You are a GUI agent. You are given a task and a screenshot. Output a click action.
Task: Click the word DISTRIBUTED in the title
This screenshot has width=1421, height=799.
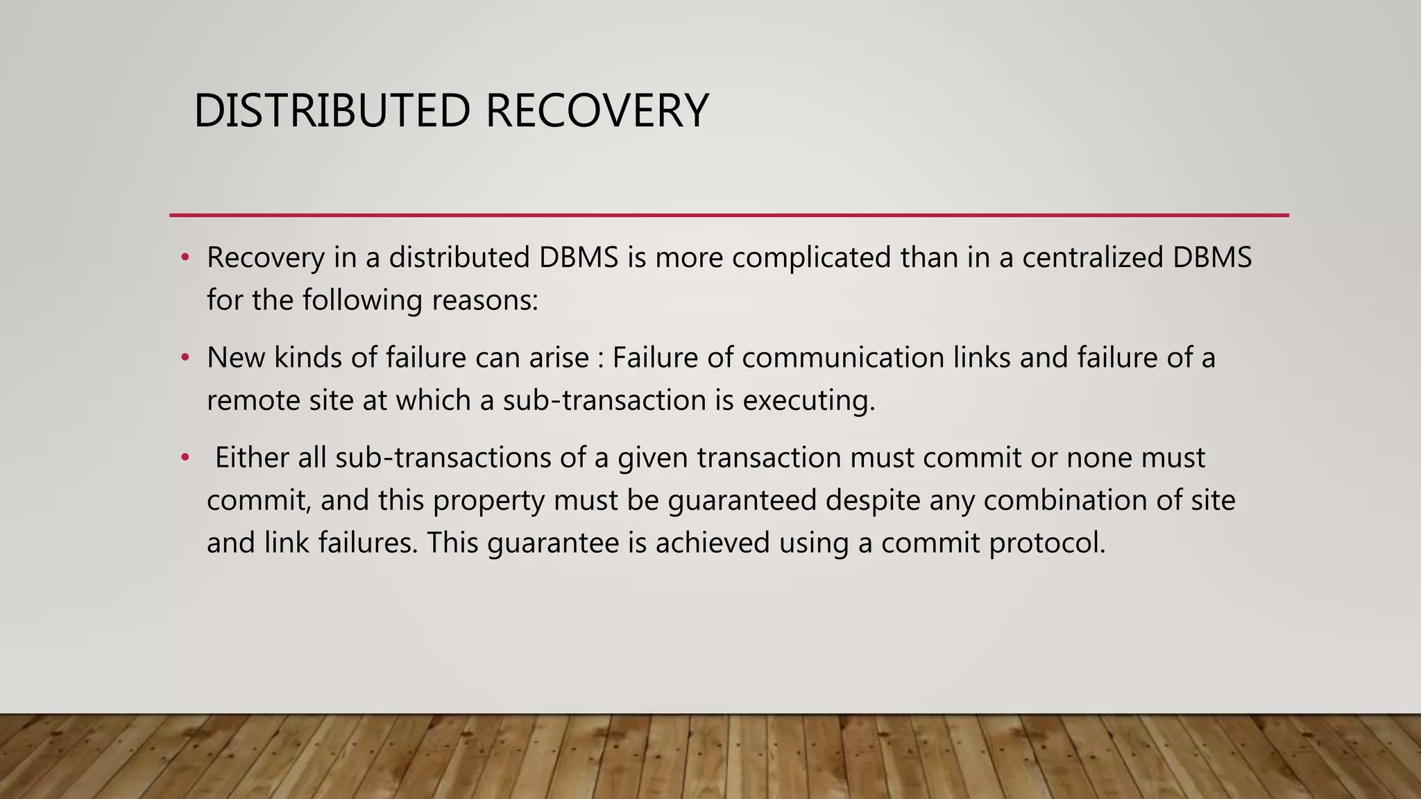click(332, 111)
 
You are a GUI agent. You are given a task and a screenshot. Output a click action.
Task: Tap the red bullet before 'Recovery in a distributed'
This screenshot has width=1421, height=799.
click(185, 258)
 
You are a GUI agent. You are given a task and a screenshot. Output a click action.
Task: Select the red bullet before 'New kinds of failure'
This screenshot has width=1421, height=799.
click(185, 358)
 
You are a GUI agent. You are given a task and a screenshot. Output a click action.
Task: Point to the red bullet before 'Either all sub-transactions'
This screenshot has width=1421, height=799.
click(185, 458)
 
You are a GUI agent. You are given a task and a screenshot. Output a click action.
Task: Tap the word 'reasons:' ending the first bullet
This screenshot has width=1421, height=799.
click(485, 300)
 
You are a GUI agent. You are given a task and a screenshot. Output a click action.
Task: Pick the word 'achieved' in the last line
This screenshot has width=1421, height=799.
click(713, 543)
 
